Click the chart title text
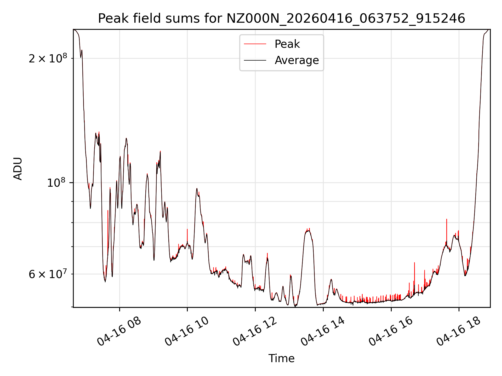282,19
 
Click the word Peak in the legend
287,44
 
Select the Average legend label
297,60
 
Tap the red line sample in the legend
255,44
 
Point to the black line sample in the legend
255,60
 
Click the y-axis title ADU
18,169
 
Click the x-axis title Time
282,359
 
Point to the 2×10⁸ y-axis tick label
48,58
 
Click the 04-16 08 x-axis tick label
119,332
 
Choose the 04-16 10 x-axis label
187,332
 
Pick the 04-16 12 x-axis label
255,332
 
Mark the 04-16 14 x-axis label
323,332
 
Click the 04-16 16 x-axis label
391,332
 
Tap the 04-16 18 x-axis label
459,332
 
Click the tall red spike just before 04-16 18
447,230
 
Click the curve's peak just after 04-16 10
197,189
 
